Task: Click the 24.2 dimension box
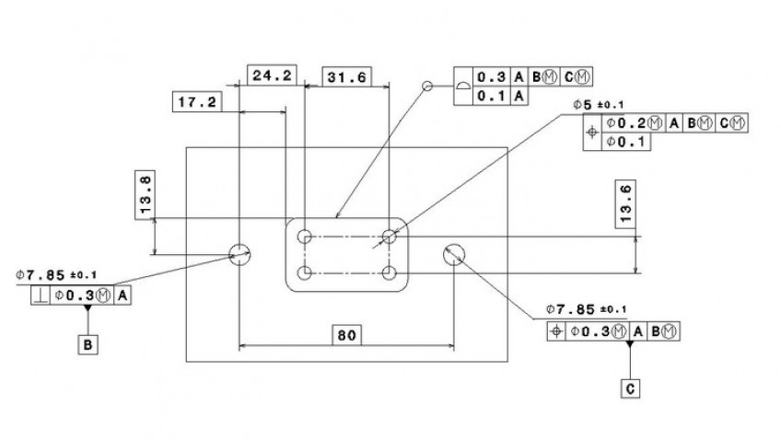pos(272,75)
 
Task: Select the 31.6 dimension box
pos(346,77)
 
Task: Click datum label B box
pos(88,344)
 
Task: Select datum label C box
pos(630,388)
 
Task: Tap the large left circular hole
pos(239,254)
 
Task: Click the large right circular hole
pos(454,254)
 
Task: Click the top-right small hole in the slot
pos(390,236)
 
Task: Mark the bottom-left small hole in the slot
pos(304,272)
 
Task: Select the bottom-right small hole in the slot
pos(390,272)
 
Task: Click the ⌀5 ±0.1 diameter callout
pos(598,106)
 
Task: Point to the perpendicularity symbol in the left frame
pos(41,295)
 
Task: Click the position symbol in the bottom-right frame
pos(555,331)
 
